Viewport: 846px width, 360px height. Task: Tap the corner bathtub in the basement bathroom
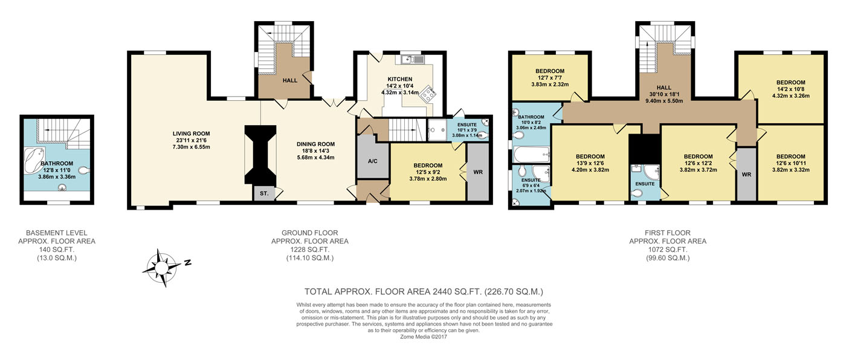click(x=34, y=160)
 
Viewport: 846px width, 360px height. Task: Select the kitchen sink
click(x=410, y=59)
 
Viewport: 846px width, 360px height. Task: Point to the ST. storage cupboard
click(x=264, y=193)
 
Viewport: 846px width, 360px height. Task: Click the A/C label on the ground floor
click(x=372, y=161)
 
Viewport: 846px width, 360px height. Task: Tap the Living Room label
click(x=191, y=133)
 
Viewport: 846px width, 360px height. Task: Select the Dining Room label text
click(x=315, y=144)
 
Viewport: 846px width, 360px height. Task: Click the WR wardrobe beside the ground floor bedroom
click(x=478, y=172)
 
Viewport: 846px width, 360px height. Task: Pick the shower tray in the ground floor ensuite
click(x=437, y=130)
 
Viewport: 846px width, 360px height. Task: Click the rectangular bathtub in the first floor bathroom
click(x=531, y=155)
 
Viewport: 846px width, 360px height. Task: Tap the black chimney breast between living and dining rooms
click(x=260, y=155)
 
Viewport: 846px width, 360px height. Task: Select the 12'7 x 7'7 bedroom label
click(x=549, y=78)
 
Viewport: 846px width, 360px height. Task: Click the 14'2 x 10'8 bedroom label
click(x=790, y=89)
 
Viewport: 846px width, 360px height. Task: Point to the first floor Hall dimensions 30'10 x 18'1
click(x=664, y=94)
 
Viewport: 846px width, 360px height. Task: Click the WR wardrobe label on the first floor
click(x=746, y=175)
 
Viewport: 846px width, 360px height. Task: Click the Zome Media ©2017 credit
click(x=424, y=337)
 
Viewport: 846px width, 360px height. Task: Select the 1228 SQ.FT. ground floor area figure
click(x=309, y=250)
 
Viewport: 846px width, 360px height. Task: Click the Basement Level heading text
click(x=57, y=233)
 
